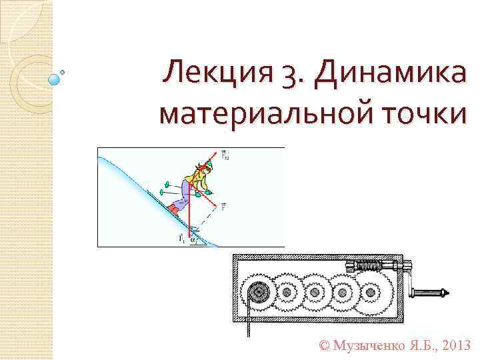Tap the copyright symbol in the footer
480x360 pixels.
tap(325, 346)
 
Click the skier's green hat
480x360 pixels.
tap(209, 162)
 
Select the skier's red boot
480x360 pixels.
tap(174, 209)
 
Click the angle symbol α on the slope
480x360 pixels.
tap(193, 241)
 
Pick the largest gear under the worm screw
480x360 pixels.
tap(371, 292)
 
